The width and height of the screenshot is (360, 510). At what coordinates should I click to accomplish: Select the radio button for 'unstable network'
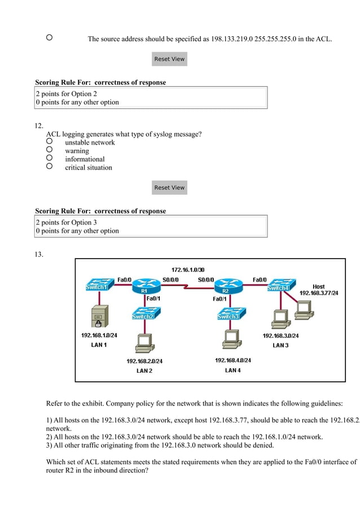[50, 141]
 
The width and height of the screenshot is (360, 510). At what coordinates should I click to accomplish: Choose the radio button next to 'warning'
[50, 150]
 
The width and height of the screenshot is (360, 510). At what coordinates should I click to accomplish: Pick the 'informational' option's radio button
[50, 158]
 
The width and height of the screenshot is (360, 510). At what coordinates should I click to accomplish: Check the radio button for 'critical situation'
[50, 167]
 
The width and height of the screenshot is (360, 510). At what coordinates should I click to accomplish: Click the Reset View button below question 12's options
[169, 188]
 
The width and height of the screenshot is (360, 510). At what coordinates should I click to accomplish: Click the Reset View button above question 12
[169, 59]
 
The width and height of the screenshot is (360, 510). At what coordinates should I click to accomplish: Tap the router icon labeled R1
[144, 287]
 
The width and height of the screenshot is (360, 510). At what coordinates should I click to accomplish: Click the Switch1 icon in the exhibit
[97, 286]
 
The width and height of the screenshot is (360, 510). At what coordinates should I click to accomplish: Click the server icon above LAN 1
[98, 317]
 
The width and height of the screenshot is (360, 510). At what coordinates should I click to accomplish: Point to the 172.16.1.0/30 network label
[188, 269]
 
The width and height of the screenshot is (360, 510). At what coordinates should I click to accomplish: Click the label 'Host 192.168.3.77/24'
[319, 290]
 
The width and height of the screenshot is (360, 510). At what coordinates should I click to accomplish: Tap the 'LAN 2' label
[144, 370]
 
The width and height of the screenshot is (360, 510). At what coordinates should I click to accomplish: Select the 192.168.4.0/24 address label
[233, 360]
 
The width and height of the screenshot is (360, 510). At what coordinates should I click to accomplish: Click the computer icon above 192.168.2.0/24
[144, 342]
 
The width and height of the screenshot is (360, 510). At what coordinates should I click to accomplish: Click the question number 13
[39, 255]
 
